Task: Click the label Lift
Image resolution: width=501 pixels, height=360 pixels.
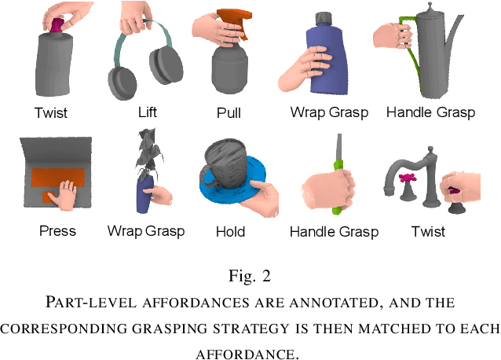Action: [x=147, y=112]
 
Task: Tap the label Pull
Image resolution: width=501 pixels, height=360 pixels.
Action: [x=229, y=113]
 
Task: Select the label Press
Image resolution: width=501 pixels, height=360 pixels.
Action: [x=57, y=230]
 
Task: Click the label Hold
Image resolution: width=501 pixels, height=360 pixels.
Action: [x=230, y=231]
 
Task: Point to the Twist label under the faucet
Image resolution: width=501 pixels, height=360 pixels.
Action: [x=428, y=231]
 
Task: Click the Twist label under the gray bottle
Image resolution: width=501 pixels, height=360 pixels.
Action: [x=51, y=113]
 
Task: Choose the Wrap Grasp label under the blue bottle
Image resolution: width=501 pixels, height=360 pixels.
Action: [x=329, y=112]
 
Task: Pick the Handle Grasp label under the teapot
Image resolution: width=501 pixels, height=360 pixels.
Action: [x=430, y=112]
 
